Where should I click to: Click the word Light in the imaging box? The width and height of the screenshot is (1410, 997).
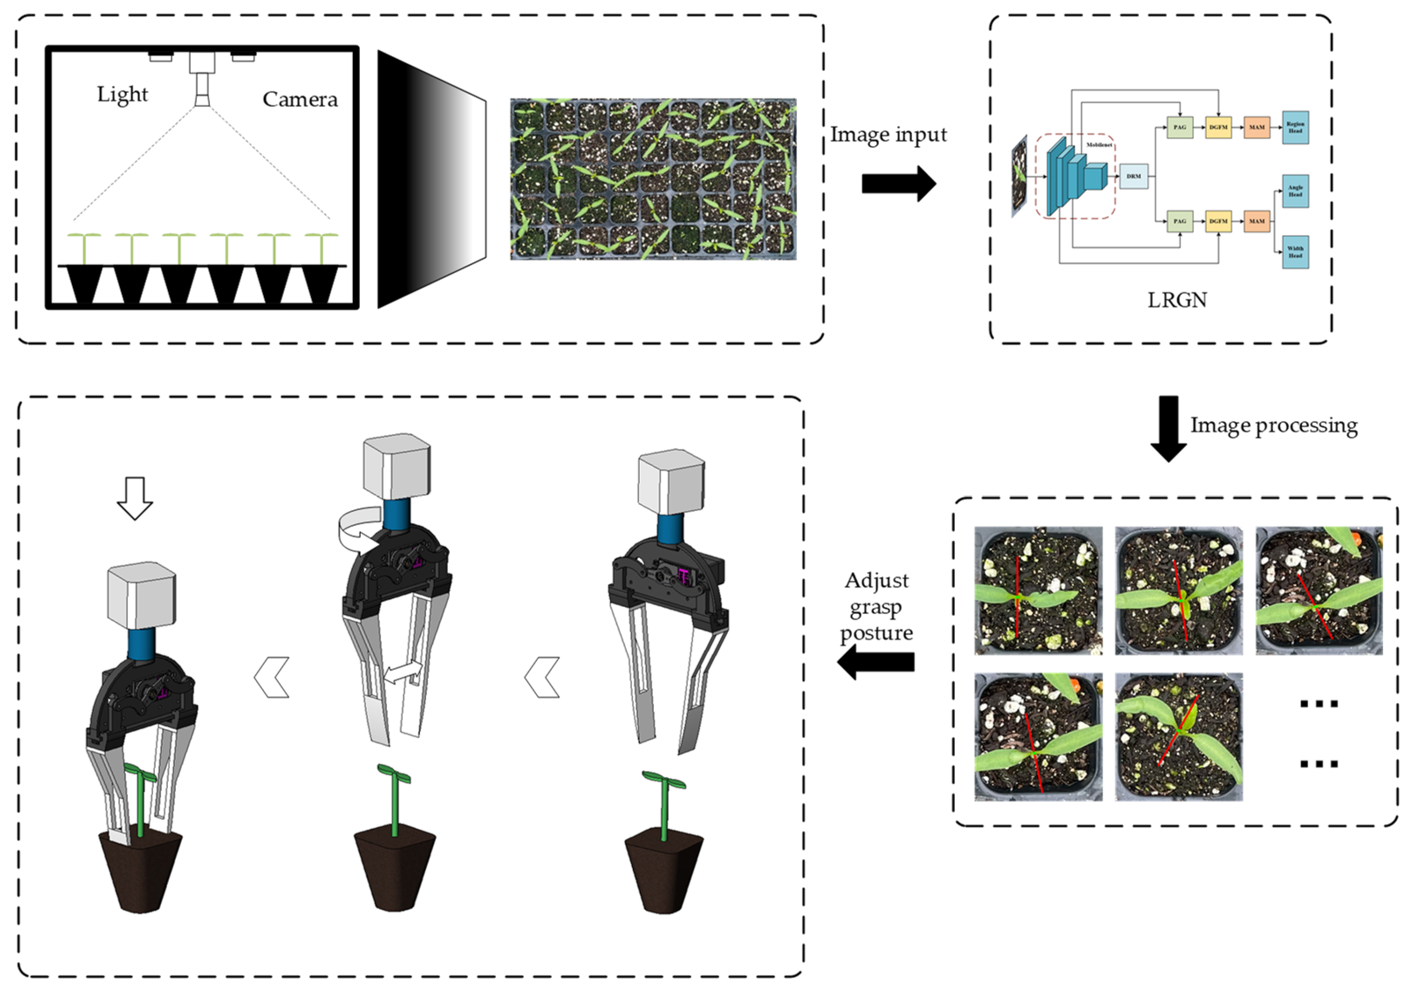(122, 95)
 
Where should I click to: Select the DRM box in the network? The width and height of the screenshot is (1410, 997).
(1133, 176)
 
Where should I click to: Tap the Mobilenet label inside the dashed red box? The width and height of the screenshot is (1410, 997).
(1098, 145)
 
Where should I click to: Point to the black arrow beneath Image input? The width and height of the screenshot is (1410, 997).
(898, 184)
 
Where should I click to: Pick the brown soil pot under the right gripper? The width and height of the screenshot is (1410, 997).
(663, 872)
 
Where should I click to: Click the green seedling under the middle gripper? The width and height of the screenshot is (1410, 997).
(394, 799)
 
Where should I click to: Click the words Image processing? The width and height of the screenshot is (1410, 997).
(1274, 426)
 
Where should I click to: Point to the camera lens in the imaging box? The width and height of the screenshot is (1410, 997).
(202, 89)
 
